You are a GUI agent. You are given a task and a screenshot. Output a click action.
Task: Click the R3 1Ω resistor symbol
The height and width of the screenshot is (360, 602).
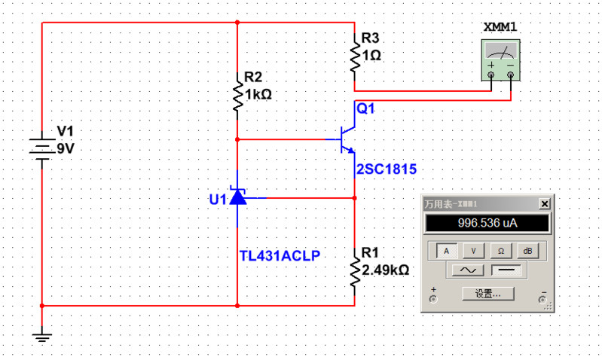pyautogui.click(x=354, y=57)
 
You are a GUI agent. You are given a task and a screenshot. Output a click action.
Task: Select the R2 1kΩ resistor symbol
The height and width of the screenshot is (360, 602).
pyautogui.click(x=237, y=96)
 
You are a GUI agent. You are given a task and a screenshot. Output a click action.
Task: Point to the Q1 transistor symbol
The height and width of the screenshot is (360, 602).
pyautogui.click(x=347, y=139)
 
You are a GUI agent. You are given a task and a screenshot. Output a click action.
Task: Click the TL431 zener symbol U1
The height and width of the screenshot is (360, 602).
pyautogui.click(x=238, y=198)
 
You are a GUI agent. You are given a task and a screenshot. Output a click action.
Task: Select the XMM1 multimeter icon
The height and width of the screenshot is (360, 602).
pyautogui.click(x=500, y=60)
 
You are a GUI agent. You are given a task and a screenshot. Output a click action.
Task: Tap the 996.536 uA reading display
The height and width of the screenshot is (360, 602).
pyautogui.click(x=488, y=224)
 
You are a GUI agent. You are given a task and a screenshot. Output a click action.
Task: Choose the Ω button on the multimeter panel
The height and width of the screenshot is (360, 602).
pyautogui.click(x=501, y=250)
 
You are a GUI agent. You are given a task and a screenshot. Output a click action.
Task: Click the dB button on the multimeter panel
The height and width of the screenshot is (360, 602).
pyautogui.click(x=529, y=250)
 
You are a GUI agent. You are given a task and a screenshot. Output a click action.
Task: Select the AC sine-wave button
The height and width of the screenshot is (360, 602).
pyautogui.click(x=468, y=269)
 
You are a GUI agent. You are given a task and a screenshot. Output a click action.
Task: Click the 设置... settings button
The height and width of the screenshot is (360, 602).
pyautogui.click(x=487, y=293)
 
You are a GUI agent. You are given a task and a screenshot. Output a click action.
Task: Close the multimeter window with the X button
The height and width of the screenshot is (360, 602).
pyautogui.click(x=544, y=204)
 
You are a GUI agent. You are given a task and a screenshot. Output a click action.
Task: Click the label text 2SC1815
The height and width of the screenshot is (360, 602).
pyautogui.click(x=387, y=168)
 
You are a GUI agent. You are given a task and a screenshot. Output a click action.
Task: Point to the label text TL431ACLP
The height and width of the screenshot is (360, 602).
pyautogui.click(x=280, y=255)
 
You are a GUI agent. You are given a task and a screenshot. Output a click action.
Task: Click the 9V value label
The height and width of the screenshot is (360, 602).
pyautogui.click(x=66, y=149)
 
